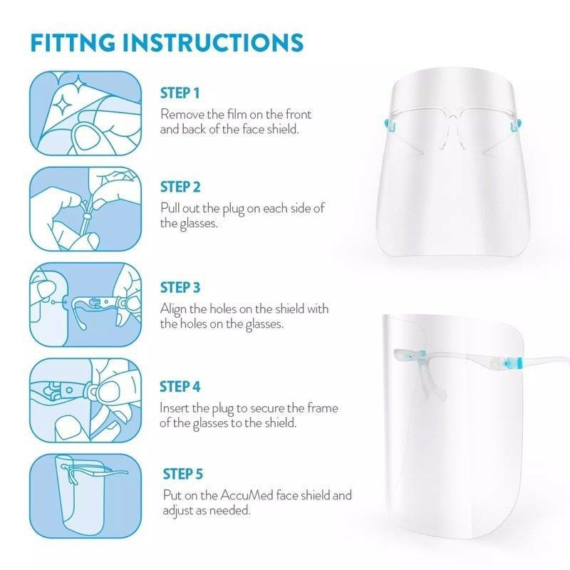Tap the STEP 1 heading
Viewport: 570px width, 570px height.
[180, 93]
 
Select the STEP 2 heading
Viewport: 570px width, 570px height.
[180, 187]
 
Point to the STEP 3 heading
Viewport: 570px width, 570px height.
[180, 287]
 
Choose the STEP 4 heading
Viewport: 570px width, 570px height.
[180, 386]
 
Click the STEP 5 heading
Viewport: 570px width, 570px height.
[183, 474]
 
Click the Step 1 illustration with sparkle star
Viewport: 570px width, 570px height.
[85, 113]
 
